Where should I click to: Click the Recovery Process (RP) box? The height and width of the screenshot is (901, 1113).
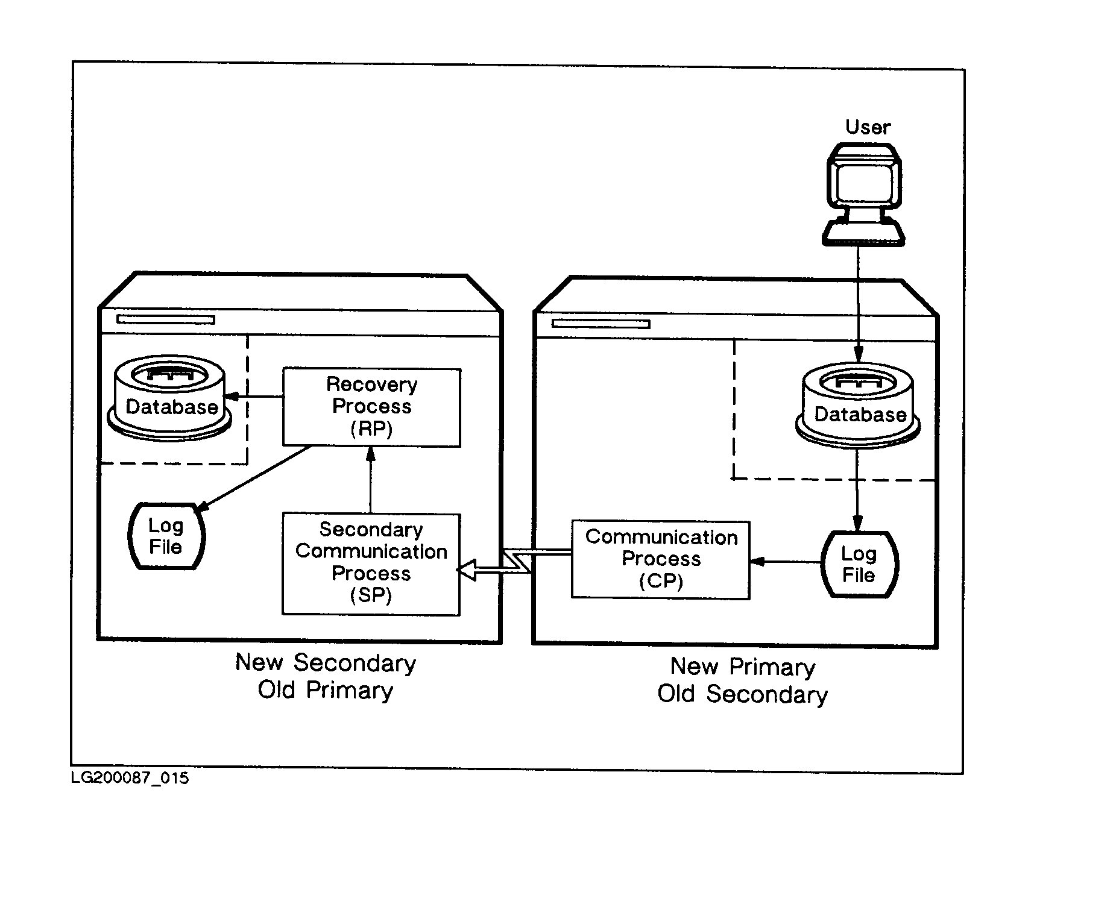[371, 407]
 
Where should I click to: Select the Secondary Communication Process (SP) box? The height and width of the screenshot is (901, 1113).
[371, 564]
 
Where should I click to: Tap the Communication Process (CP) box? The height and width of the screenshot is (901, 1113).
[660, 559]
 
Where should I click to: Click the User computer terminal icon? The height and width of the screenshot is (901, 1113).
[863, 194]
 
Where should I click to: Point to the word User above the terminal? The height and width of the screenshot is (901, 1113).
[868, 127]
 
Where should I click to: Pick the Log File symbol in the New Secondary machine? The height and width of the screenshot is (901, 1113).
[166, 536]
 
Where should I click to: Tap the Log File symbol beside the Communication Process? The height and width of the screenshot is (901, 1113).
[859, 564]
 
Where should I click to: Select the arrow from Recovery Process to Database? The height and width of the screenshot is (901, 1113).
[254, 397]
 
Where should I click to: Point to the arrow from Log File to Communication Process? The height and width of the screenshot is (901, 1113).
[785, 562]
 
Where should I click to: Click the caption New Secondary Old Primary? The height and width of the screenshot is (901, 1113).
[326, 676]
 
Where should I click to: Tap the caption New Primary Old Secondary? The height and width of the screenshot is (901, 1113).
[743, 680]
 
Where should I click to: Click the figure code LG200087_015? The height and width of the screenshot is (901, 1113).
[130, 778]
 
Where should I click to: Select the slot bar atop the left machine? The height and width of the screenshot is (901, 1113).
[166, 319]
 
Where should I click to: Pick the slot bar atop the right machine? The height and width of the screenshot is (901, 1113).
[601, 324]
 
